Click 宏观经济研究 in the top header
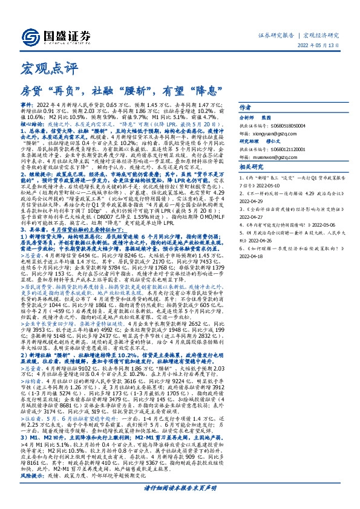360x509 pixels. [x=321, y=36]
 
